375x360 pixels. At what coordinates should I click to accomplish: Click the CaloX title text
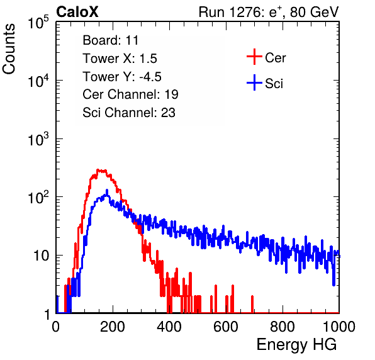77,12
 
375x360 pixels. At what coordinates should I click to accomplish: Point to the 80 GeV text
314,12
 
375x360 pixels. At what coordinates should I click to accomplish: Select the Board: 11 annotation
111,40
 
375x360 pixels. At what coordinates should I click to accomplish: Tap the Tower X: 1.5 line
120,59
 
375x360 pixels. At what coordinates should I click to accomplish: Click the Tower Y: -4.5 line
122,77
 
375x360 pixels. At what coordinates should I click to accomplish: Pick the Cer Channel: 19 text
130,94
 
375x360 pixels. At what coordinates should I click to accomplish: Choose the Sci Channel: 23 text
129,113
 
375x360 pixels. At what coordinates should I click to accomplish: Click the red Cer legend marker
254,57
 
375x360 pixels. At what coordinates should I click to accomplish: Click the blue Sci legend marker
254,83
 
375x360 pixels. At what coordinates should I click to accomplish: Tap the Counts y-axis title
9,49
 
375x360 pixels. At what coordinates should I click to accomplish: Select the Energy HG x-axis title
296,345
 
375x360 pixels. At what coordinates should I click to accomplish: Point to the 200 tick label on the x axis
113,327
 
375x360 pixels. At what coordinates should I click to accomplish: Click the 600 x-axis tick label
226,327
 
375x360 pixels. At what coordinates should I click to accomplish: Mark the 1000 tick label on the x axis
339,327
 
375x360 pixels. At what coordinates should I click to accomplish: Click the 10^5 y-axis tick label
38,22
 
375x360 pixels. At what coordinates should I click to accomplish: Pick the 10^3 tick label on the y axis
38,139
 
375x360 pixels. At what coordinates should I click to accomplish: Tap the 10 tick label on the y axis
42,256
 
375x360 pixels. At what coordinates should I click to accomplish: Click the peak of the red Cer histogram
98,169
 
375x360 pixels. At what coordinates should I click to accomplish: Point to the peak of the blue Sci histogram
107,190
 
